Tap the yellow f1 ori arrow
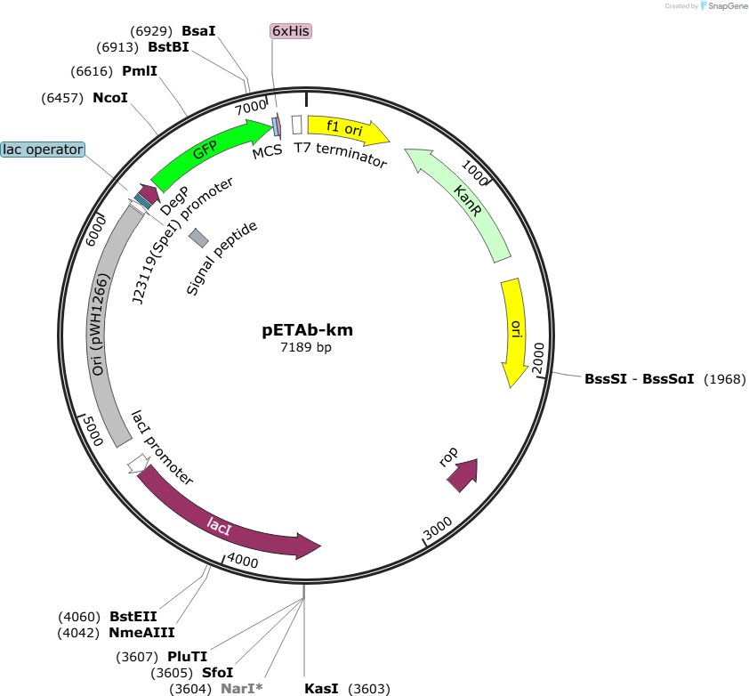(x=346, y=129)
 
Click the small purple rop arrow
(x=463, y=475)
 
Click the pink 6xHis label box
(x=291, y=31)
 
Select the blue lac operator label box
(x=43, y=150)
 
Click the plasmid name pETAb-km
(x=307, y=330)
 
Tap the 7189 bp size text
(x=306, y=347)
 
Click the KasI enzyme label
(x=321, y=688)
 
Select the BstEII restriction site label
(x=133, y=617)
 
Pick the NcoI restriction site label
(x=110, y=98)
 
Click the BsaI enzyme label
(x=198, y=31)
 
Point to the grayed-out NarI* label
(x=242, y=688)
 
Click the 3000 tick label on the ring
(x=438, y=528)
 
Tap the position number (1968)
(x=725, y=379)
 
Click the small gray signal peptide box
(x=198, y=238)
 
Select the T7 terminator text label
(x=340, y=154)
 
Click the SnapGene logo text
(x=728, y=6)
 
